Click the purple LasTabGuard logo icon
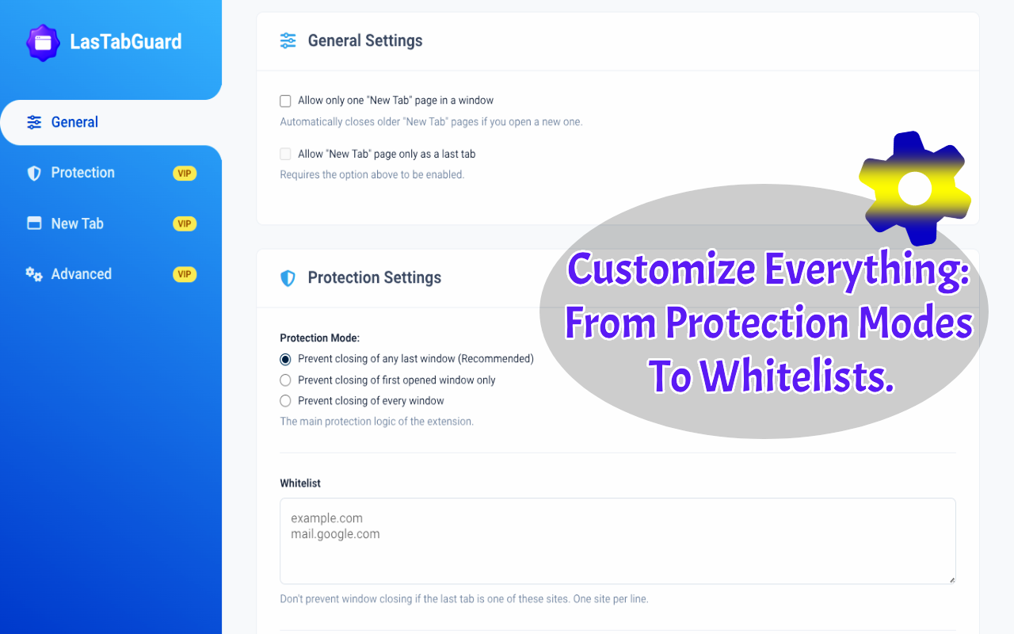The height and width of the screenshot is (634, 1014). coord(43,43)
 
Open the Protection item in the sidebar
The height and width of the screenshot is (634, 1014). coord(83,173)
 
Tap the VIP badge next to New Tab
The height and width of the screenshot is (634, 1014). coord(185,223)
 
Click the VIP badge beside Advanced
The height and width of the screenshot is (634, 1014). coord(185,274)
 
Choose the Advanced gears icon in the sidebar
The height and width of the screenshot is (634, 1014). coord(34,274)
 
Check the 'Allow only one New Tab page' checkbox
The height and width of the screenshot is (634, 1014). coord(285,101)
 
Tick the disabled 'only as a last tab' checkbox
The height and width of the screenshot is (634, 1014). coord(285,154)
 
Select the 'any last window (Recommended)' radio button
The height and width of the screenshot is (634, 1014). coord(285,359)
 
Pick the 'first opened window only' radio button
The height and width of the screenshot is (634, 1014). coord(285,380)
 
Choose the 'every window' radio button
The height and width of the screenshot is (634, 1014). coord(285,401)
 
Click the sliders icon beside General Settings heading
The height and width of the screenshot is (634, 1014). coord(288,40)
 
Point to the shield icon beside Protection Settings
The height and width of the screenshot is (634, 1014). coord(288,278)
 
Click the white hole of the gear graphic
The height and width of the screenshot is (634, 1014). coord(914,189)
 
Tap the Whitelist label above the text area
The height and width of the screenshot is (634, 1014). coord(300,483)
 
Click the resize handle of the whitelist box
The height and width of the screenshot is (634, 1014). coord(952,580)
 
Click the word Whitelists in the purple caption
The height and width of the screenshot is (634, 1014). coord(797,375)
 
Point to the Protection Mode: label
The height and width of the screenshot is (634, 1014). coord(319,338)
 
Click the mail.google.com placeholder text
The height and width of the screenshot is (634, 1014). coord(335,534)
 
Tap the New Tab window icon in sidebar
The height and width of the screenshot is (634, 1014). coord(34,223)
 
